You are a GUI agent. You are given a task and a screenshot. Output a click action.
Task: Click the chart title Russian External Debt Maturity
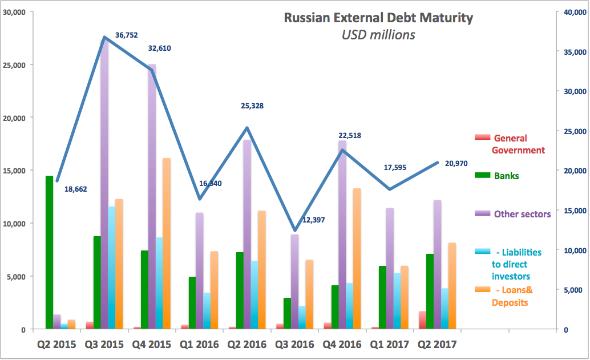378,18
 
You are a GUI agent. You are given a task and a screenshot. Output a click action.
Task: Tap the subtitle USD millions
378,35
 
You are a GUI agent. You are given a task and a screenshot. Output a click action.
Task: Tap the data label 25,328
252,106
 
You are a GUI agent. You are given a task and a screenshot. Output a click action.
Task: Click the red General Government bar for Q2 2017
422,320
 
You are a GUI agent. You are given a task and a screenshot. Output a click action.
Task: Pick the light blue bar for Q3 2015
112,268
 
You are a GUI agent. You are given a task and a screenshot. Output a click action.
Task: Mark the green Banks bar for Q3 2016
287,313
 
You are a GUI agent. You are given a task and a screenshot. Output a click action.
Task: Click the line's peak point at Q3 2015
104,37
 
